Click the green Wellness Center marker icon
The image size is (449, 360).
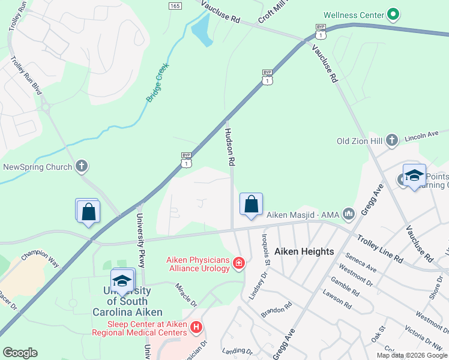(x=393, y=13)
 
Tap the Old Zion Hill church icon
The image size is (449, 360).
(x=392, y=140)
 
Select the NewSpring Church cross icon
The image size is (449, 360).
(x=82, y=167)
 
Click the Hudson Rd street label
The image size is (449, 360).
(x=229, y=146)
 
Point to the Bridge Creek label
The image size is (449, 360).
(x=157, y=82)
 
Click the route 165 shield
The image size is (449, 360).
(x=175, y=5)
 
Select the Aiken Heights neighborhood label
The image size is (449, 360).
(x=304, y=251)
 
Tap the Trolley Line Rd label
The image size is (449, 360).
(x=379, y=248)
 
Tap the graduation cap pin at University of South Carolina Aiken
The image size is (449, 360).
(x=122, y=281)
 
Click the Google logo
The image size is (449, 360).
(x=20, y=353)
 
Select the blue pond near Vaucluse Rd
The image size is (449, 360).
(x=200, y=30)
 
